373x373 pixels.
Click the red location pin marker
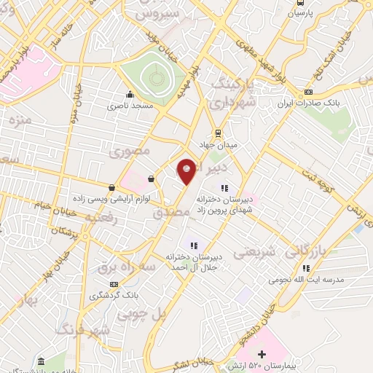point(186,170)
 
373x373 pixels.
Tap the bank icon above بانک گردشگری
point(113,283)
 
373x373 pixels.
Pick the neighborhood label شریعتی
point(254,251)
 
